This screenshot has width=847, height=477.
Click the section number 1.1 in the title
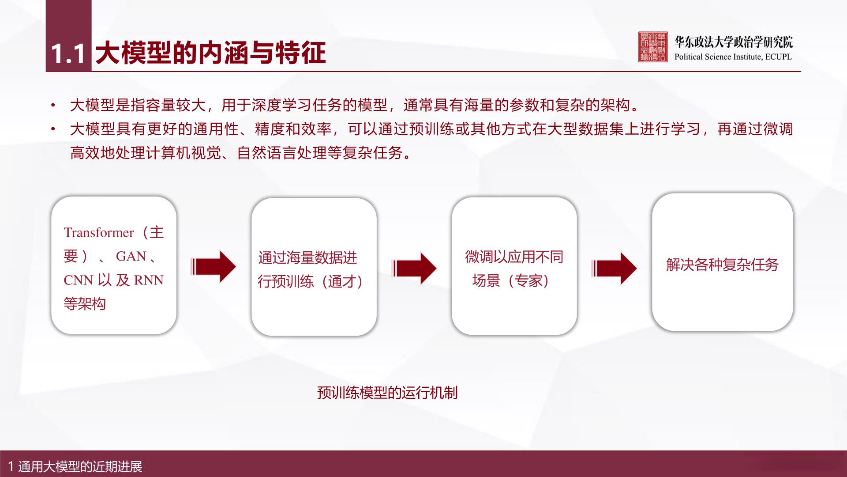click(68, 54)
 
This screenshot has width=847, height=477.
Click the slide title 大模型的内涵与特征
click(211, 53)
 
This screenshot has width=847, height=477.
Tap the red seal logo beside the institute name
click(653, 46)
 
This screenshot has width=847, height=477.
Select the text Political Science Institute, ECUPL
click(733, 57)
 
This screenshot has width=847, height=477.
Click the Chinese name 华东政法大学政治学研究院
click(734, 42)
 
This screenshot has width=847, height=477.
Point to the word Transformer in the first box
click(99, 232)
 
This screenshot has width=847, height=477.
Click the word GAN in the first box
click(131, 256)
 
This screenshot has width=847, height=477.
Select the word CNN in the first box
click(78, 280)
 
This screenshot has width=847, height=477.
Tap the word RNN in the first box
click(149, 280)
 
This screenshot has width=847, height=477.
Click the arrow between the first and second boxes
click(214, 266)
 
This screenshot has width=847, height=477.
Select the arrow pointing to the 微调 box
click(414, 268)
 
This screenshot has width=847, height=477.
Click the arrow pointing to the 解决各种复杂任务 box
click(614, 268)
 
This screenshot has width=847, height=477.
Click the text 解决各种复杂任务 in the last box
click(723, 265)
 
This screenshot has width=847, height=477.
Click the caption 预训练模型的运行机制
click(387, 393)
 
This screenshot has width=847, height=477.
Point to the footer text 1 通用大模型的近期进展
click(75, 466)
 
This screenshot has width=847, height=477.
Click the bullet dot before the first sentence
click(53, 106)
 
